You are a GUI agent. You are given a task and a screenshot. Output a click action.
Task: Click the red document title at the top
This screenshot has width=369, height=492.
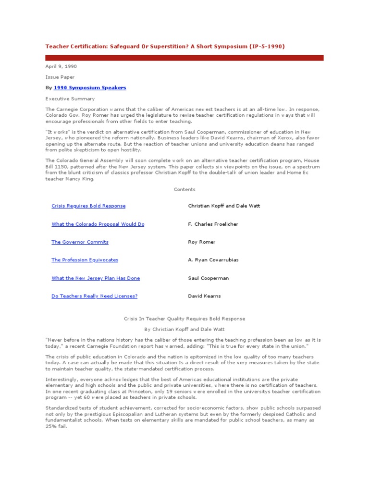pos(165,47)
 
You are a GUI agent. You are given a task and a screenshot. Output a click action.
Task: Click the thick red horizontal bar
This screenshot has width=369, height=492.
pos(184,58)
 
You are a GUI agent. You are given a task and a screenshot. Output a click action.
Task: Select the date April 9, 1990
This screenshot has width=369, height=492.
pos(61,66)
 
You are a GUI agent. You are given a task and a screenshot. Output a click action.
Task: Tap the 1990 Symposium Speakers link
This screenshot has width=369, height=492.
pos(90,88)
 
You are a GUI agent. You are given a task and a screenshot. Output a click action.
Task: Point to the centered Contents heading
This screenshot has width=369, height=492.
pos(184,190)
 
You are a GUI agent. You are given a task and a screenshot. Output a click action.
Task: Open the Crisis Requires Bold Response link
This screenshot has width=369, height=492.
pos(88,206)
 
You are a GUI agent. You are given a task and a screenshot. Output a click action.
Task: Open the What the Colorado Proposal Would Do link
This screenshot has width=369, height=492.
pos(98,224)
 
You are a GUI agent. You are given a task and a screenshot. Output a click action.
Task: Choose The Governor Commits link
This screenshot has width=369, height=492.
pos(80,242)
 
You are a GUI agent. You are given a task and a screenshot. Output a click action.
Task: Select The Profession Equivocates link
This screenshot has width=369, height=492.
pos(85,260)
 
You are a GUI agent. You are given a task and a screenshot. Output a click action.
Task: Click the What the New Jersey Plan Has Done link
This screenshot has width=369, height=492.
pos(96,278)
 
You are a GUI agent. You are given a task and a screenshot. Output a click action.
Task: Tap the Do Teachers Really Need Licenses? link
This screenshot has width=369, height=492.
pos(94,296)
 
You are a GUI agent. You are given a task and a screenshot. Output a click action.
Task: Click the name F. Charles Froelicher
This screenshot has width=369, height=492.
pos(213,224)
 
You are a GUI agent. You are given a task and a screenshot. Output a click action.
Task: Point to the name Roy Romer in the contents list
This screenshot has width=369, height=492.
pos(202,242)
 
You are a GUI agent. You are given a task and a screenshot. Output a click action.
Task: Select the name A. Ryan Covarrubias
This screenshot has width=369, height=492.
pos(213,260)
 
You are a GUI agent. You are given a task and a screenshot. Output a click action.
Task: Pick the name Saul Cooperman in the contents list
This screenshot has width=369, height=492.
pos(208,278)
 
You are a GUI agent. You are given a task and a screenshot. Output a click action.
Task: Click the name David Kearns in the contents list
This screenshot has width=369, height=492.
pos(204,296)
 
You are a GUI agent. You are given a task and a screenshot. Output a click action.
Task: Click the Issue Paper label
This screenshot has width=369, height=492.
pos(60,77)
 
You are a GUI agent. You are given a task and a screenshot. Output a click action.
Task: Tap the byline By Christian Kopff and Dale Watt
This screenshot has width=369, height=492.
pos(184,329)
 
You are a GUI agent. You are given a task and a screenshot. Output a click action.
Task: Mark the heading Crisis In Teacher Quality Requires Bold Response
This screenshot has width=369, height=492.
pos(184,319)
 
